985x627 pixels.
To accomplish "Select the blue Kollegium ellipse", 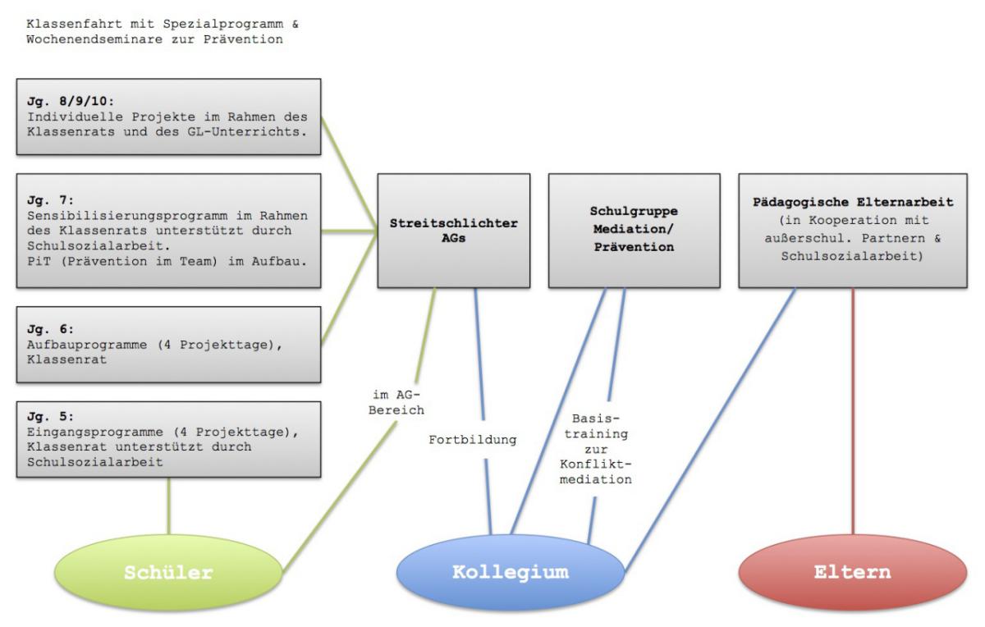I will (x=510, y=573).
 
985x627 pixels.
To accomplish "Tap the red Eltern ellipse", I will (x=854, y=573).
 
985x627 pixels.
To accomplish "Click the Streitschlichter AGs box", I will (x=453, y=230).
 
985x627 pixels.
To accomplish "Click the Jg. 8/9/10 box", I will (x=168, y=117).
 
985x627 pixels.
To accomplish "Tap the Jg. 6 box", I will (x=168, y=345).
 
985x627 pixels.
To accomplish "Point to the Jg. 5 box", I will (x=168, y=439).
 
